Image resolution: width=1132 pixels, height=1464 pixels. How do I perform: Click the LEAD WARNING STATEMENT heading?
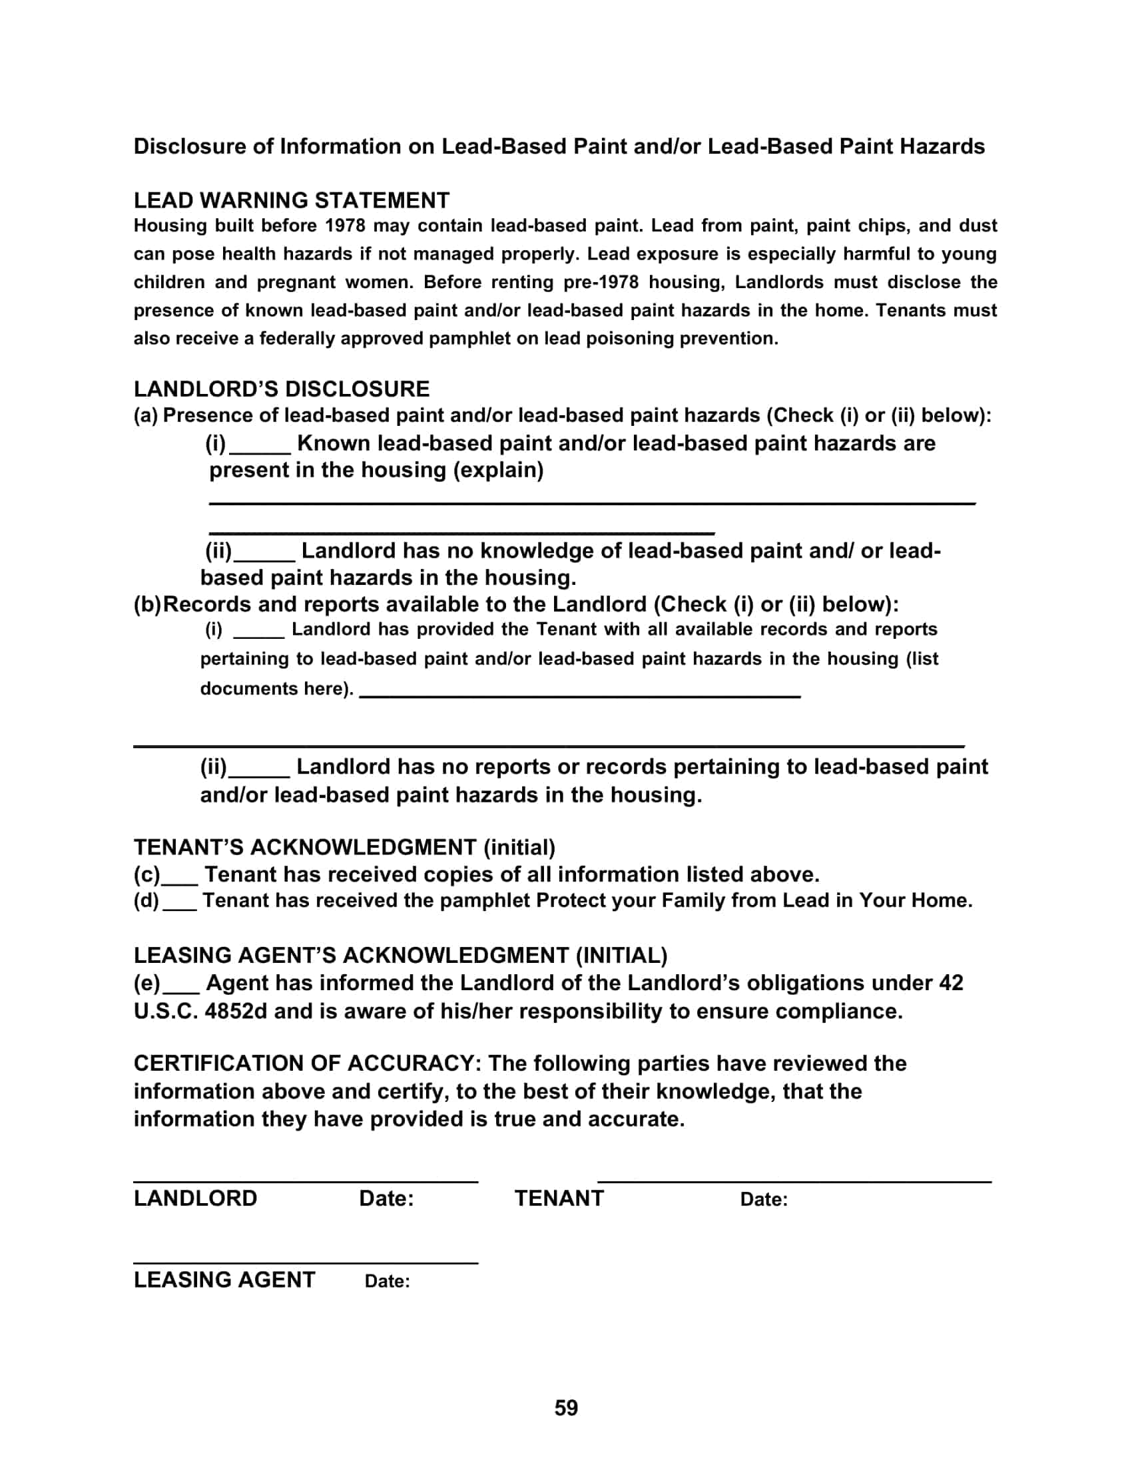pyautogui.click(x=291, y=200)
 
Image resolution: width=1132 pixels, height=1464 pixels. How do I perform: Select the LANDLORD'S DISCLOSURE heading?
pyautogui.click(x=281, y=389)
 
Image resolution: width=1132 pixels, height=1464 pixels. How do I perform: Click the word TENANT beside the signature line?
pyautogui.click(x=559, y=1198)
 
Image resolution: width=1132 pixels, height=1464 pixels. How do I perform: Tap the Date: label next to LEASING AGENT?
pyautogui.click(x=387, y=1281)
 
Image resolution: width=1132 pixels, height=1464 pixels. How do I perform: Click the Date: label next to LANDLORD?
pyautogui.click(x=386, y=1198)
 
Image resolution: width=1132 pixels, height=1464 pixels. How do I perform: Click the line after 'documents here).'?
pyautogui.click(x=580, y=695)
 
